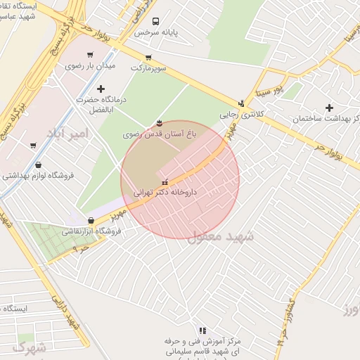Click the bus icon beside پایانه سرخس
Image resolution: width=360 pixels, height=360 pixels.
point(155,21)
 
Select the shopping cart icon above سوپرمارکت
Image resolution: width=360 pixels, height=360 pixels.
point(148,58)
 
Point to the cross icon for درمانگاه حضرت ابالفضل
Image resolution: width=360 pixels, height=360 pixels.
point(101,89)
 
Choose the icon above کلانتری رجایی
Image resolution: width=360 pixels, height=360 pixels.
point(241,103)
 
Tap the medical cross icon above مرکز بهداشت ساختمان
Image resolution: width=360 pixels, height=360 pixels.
point(329,107)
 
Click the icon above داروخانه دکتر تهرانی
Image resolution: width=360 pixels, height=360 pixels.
point(165,182)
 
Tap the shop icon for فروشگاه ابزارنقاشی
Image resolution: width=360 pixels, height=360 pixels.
point(91,220)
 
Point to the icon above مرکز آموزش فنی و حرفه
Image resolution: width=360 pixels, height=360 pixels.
point(202,330)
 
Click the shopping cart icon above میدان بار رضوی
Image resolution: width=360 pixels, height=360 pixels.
point(90,55)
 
